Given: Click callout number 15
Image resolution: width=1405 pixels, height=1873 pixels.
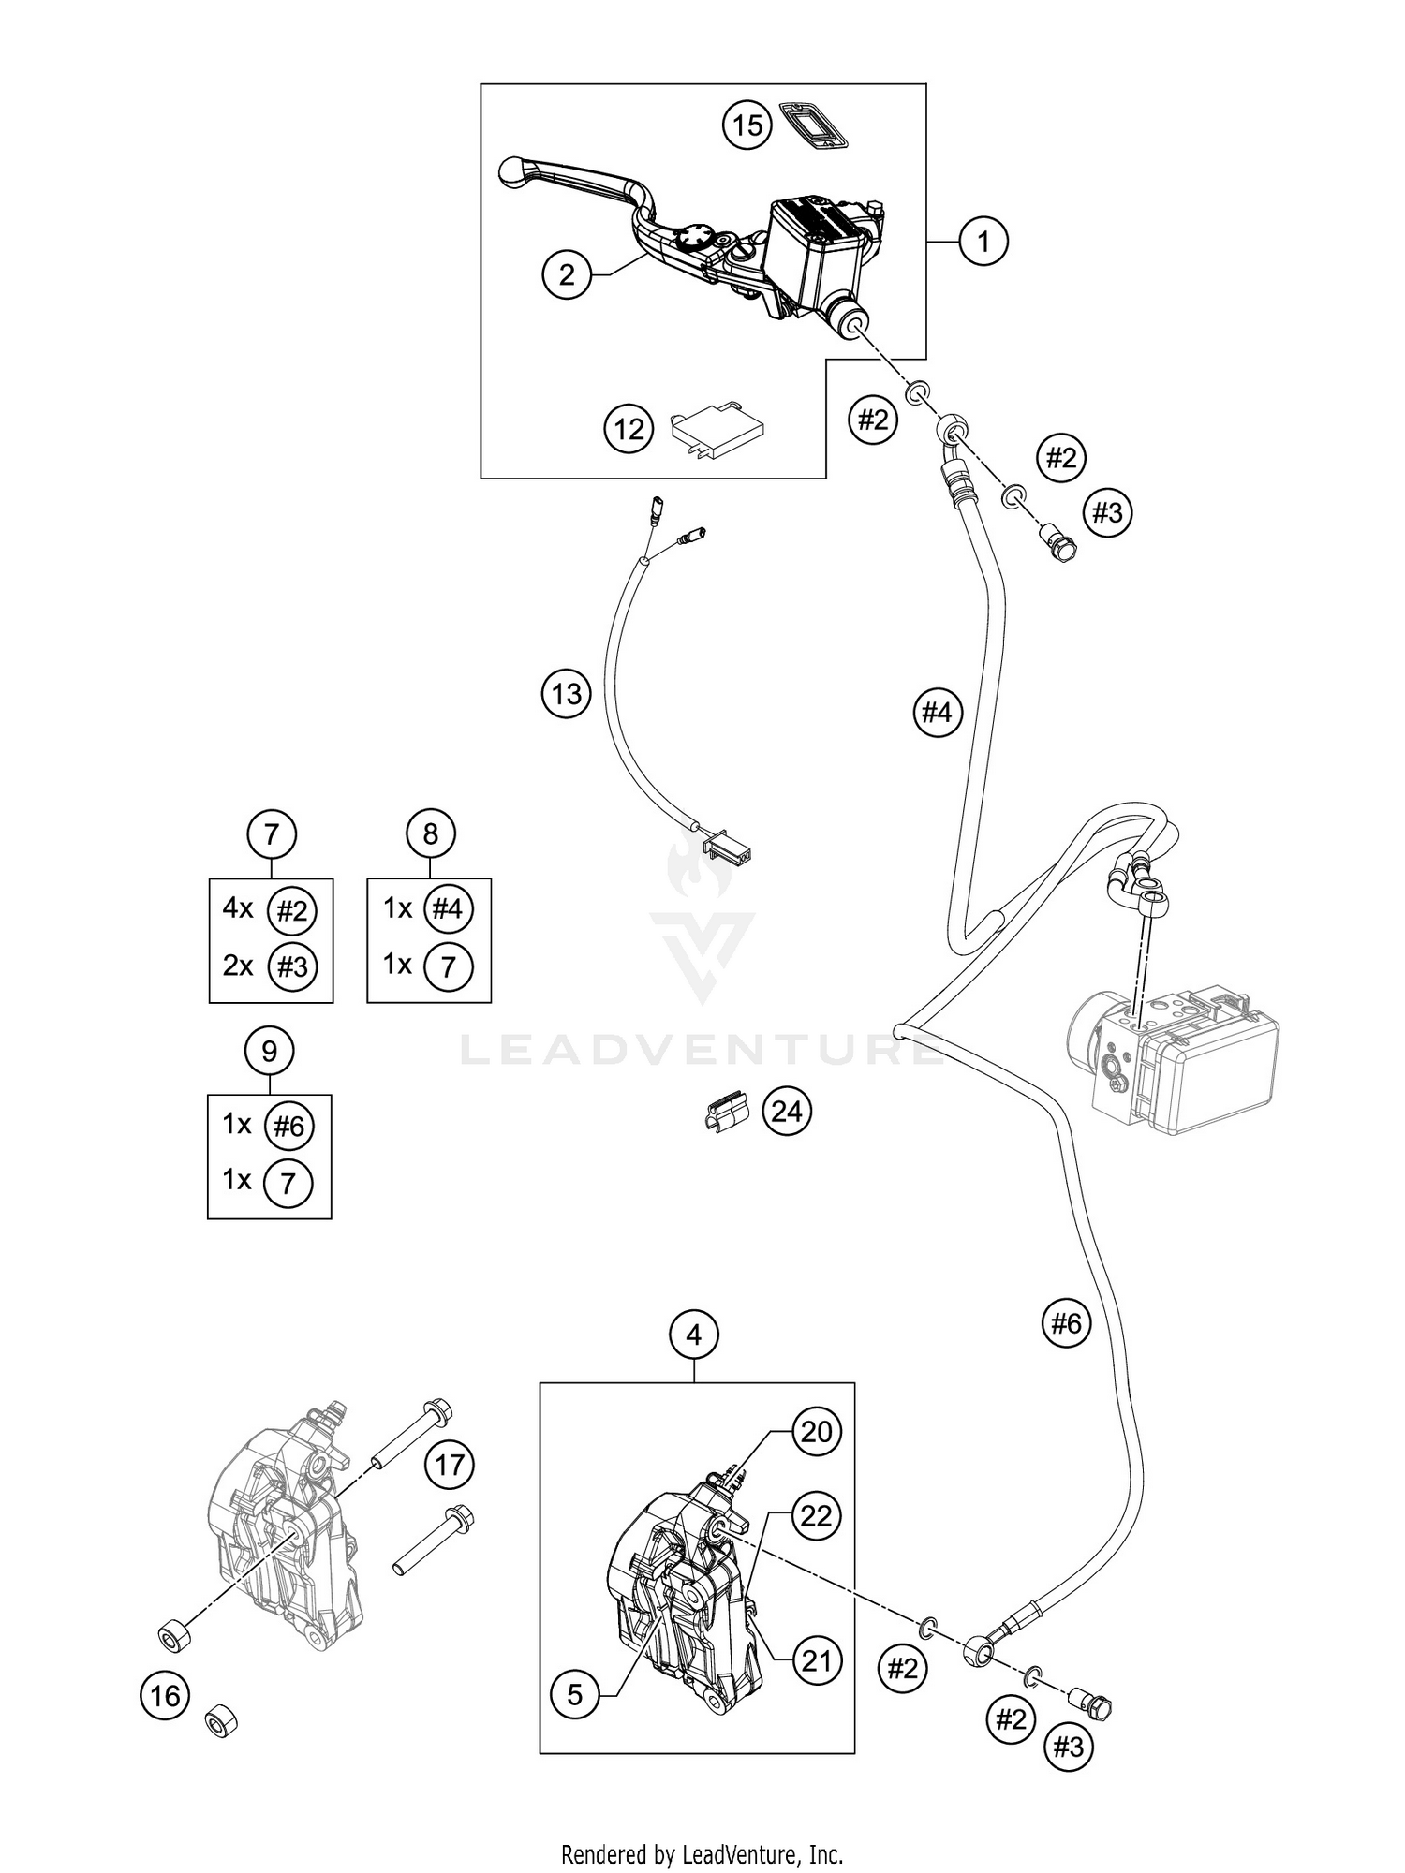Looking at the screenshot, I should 747,125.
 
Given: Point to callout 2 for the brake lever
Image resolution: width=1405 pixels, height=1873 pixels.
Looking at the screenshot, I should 567,274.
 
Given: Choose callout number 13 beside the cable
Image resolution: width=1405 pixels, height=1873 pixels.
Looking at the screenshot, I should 567,694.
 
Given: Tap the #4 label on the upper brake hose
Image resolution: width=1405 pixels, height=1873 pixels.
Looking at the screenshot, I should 937,713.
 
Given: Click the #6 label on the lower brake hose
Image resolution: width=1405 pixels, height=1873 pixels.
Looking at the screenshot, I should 1066,1322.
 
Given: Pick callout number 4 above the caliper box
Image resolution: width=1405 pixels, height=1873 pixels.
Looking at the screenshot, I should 693,1335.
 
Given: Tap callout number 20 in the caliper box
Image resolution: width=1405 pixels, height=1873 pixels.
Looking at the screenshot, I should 817,1431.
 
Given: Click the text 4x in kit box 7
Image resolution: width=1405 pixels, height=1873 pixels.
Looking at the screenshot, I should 237,907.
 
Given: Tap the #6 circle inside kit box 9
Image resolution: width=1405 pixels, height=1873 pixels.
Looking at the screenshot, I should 289,1126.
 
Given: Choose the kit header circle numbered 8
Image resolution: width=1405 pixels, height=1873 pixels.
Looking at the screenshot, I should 430,833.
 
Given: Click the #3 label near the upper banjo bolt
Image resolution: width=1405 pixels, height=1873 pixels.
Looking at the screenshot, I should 1107,512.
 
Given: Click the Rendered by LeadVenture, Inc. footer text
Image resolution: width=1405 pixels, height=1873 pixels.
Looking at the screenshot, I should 702,1853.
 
